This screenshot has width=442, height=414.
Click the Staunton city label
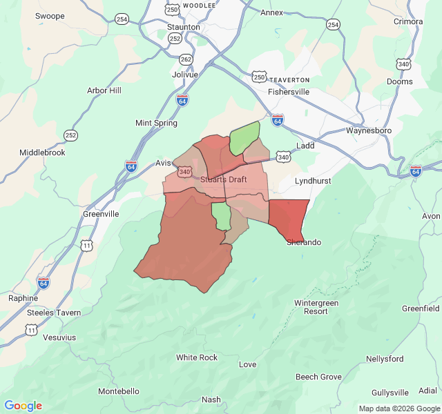tap(183, 27)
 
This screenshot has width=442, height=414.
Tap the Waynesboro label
tap(368, 130)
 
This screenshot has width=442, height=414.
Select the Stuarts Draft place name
tap(223, 179)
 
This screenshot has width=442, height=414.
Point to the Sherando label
tap(303, 242)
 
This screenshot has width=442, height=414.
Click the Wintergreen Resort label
tap(316, 307)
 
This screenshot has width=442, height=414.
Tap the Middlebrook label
tap(42, 152)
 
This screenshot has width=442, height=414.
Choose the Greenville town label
tap(101, 214)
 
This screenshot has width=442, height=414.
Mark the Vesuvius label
tap(59, 337)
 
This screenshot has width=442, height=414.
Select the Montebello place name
tap(118, 391)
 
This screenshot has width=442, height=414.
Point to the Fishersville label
tap(289, 91)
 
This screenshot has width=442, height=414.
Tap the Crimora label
tap(407, 21)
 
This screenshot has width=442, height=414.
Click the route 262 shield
tap(186, 59)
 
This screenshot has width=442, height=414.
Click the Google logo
tap(23, 406)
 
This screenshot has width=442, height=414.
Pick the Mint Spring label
tap(156, 123)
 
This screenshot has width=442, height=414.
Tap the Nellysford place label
tap(385, 359)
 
